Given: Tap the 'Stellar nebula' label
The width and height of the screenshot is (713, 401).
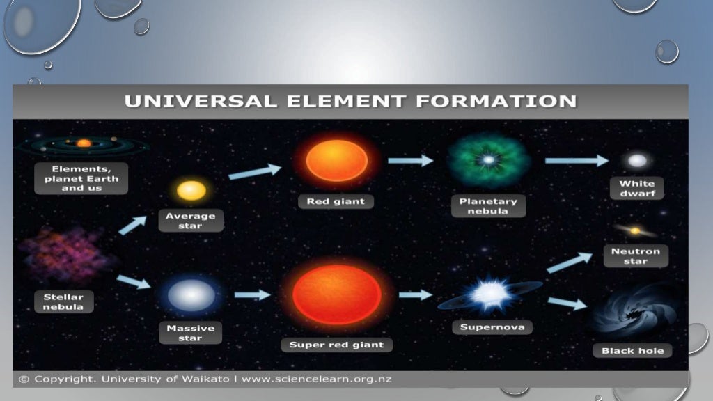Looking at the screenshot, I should coord(63,301).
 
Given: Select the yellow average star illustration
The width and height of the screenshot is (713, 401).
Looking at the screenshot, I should coord(191,190).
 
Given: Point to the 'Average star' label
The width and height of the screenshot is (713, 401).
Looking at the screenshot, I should coord(190,221).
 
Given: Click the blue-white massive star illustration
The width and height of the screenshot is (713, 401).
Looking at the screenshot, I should coord(191,294).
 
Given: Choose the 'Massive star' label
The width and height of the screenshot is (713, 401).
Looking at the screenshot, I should coord(190,333).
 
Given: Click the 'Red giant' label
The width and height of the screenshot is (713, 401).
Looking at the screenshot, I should coord(336,201).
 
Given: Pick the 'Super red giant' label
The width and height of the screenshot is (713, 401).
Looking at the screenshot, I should coord(336,345).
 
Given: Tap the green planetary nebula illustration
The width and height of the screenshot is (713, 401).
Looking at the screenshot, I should coord(488,161).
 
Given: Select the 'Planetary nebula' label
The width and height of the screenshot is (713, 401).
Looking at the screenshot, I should coord(488,206).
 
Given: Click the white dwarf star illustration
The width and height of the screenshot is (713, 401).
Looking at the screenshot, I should coord(637,161).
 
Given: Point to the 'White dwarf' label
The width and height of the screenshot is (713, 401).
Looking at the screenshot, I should coord(637,189).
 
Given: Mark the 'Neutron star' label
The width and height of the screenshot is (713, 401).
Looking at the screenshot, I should coord(635,256).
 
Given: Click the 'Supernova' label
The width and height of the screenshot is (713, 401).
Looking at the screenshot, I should coord(492,327).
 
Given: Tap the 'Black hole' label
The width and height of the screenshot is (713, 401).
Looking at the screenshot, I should coord(632,350).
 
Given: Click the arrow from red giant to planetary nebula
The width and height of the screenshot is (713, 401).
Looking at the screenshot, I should coord(410,161).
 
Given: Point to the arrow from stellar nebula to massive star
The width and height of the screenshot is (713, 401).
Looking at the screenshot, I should coord(133,281).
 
